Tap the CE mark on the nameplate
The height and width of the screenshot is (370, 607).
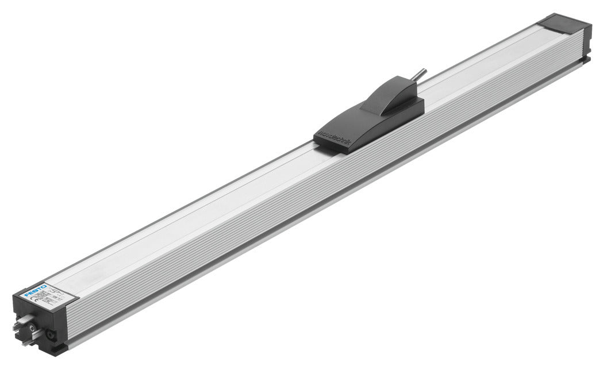[x=34, y=299]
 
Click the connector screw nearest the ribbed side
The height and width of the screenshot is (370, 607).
[x=51, y=335]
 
